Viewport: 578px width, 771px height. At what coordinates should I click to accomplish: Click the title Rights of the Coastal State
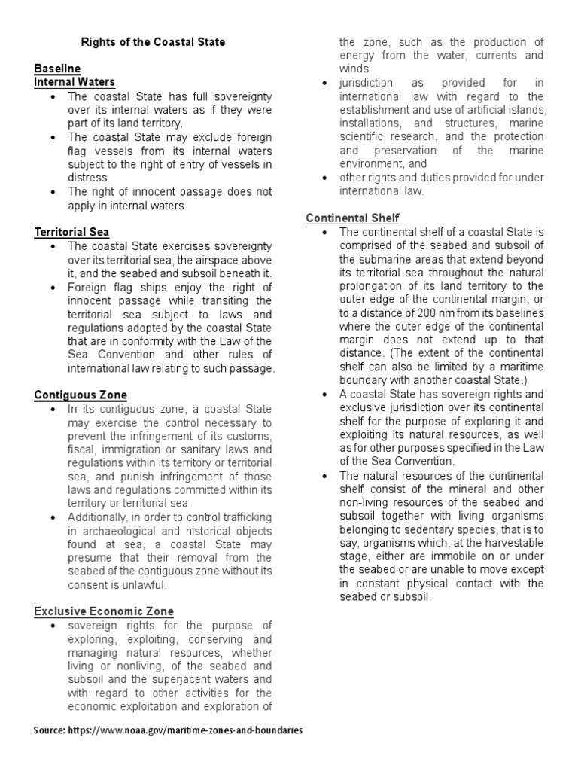coord(153,42)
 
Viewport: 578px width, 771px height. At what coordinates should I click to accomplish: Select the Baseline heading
coord(57,69)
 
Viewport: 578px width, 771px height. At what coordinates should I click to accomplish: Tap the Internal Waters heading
coord(75,82)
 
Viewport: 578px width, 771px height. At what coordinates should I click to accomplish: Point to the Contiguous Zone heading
coord(81,395)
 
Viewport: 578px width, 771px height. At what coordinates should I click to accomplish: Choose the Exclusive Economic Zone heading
coord(104,611)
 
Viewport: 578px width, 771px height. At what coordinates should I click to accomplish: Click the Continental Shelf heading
coord(351,218)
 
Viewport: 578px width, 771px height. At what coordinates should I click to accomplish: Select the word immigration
coord(124,449)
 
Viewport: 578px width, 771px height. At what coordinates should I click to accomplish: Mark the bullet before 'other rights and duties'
coord(324,177)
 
